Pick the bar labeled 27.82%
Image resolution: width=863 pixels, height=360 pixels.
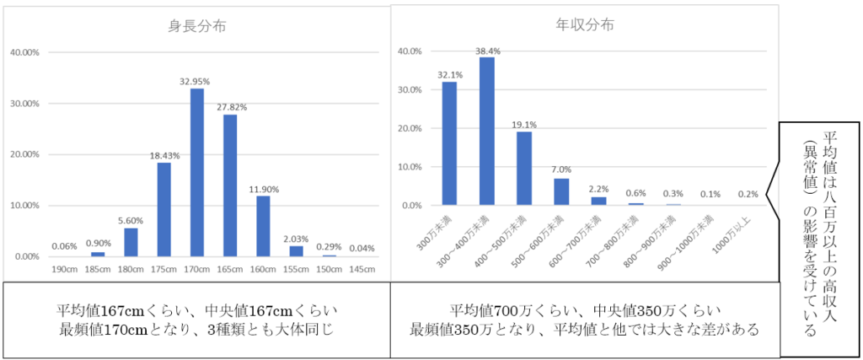[230, 185]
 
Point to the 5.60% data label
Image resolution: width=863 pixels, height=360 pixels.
[131, 220]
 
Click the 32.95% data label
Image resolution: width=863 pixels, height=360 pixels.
[196, 81]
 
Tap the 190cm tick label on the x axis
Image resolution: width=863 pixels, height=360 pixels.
[64, 270]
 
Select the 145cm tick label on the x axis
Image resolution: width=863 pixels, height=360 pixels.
[362, 270]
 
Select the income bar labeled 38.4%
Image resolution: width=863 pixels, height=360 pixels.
[487, 131]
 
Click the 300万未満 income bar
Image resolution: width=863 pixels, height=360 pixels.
[450, 143]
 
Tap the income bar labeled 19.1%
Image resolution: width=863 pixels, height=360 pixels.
[524, 168]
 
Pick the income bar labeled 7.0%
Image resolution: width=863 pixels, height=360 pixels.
[561, 191]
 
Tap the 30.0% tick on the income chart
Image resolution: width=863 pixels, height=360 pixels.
[410, 89]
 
